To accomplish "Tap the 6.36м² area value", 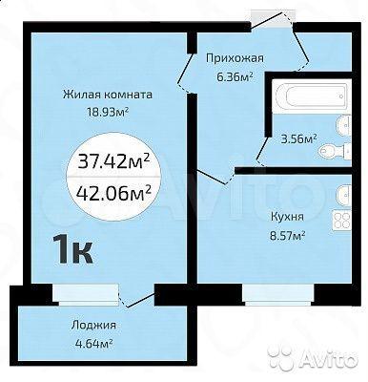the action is pos(235,76).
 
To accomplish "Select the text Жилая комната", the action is pos(108,95).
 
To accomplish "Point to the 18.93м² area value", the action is pos(108,112).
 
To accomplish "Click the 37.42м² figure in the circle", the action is pos(113,162).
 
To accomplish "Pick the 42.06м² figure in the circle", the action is pos(113,192).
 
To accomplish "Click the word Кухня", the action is pos(287,217).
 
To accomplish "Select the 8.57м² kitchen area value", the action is pos(287,236).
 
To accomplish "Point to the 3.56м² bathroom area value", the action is pos(298,139).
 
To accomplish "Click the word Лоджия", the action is pos(93,326).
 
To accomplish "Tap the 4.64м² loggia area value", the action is pos(93,344).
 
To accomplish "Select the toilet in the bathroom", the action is pos(334,150).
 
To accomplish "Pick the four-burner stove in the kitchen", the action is pos(341,220).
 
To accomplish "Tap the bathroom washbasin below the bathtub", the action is pos(344,124).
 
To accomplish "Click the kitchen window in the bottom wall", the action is pos(278,294).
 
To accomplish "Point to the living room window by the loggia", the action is pos(86,294).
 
